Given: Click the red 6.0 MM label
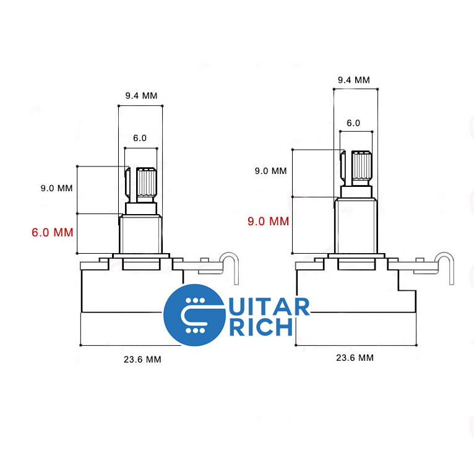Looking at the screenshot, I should pyautogui.click(x=52, y=233).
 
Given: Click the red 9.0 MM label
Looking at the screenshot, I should pyautogui.click(x=268, y=221).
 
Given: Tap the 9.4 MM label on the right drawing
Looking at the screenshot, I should pyautogui.click(x=354, y=80).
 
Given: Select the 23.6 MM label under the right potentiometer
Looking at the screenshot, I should pyautogui.click(x=355, y=357).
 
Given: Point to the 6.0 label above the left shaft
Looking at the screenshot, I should pyautogui.click(x=140, y=138).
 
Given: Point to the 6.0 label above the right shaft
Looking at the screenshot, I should pyautogui.click(x=353, y=123).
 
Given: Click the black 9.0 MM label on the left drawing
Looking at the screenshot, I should pyautogui.click(x=56, y=188).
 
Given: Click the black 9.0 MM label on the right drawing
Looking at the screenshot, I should pyautogui.click(x=271, y=171).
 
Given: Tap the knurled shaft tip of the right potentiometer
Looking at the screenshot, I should pyautogui.click(x=362, y=165).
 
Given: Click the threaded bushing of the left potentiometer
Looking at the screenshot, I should pyautogui.click(x=140, y=234).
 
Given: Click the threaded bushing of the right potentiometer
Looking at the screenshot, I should pyautogui.click(x=355, y=225).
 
